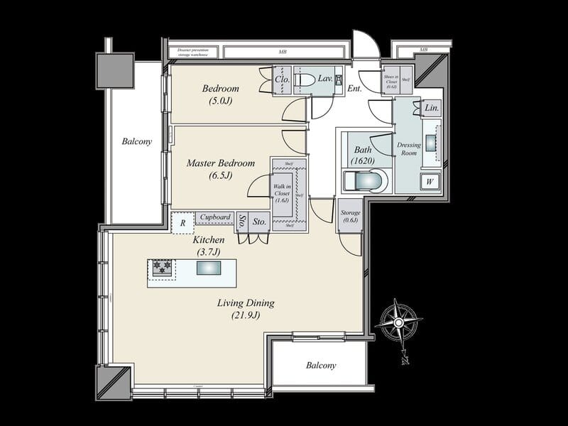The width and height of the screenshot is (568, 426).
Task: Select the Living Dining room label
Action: pyautogui.click(x=246, y=308)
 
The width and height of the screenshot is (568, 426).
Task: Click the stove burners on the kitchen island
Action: pyautogui.click(x=160, y=268)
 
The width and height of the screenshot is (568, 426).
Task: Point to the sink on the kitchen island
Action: pyautogui.click(x=209, y=268)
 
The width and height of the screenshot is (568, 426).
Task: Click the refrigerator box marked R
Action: pyautogui.click(x=182, y=223)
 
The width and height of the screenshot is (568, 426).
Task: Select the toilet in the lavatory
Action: pyautogui.click(x=303, y=80)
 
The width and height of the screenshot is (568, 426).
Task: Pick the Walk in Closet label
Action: pyautogui.click(x=282, y=192)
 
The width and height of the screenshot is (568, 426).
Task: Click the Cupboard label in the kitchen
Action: pyautogui.click(x=214, y=217)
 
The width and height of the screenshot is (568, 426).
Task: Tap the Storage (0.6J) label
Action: pyautogui.click(x=350, y=217)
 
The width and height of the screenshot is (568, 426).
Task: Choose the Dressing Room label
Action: pyautogui.click(x=410, y=149)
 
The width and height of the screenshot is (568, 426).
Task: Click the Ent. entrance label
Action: pyautogui.click(x=355, y=89)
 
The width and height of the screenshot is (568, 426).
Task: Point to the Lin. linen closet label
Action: pyautogui.click(x=431, y=109)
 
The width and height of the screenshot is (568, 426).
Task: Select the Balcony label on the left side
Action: pyautogui.click(x=136, y=141)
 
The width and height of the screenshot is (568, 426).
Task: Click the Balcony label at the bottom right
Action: pyautogui.click(x=321, y=366)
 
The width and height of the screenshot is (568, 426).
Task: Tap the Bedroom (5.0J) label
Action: pyautogui.click(x=220, y=94)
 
